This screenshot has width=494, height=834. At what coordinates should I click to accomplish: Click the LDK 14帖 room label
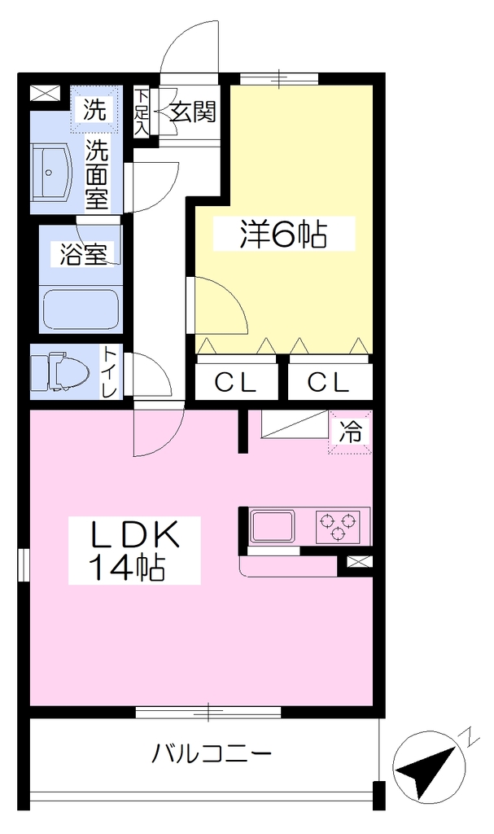point(134,551)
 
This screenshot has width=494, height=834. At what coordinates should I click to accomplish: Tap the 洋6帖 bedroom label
point(284,234)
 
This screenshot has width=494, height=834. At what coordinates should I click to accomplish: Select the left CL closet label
point(235,383)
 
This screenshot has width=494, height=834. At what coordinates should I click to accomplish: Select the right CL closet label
point(329,383)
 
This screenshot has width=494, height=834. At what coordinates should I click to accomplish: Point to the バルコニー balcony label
point(212,753)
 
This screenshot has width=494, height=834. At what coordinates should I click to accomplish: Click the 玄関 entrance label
point(193,112)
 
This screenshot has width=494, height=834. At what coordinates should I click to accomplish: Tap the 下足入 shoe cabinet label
point(141,112)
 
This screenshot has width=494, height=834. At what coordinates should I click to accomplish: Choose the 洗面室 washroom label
point(98,174)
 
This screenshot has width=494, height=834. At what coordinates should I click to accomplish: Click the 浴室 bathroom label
point(84,254)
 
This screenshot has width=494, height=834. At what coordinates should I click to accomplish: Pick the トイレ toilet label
point(111,371)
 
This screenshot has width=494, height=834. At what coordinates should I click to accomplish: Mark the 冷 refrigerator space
point(351,432)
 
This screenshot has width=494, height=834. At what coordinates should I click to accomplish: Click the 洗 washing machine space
point(94,110)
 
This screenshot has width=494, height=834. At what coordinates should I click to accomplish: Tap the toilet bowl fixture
point(59,371)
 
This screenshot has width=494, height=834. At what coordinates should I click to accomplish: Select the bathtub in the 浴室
point(81,309)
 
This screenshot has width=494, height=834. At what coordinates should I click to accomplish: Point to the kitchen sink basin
point(273,527)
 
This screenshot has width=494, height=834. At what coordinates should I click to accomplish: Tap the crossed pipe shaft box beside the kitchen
point(356,561)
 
